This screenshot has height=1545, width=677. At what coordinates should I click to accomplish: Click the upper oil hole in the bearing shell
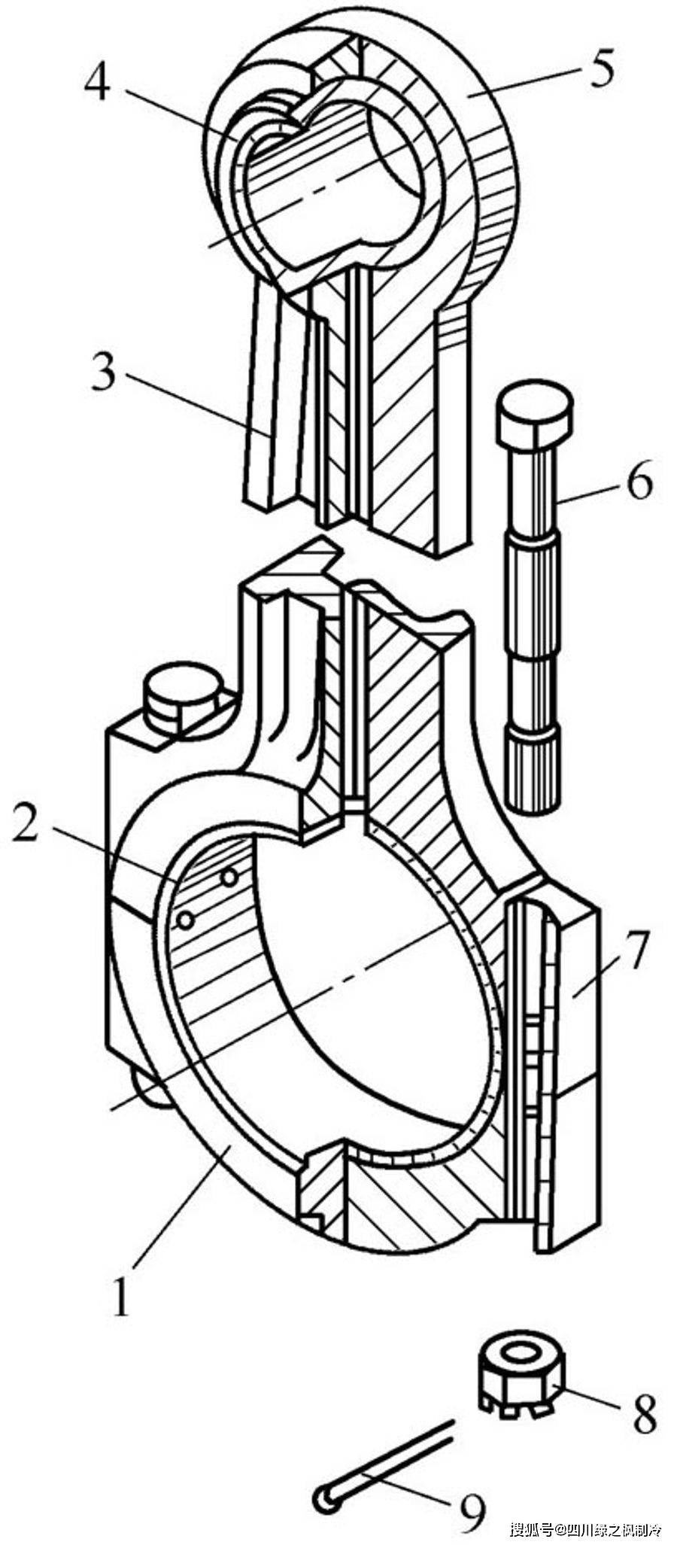pyautogui.click(x=229, y=876)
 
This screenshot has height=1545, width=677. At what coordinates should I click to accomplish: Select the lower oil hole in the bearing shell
pyautogui.click(x=185, y=920)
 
